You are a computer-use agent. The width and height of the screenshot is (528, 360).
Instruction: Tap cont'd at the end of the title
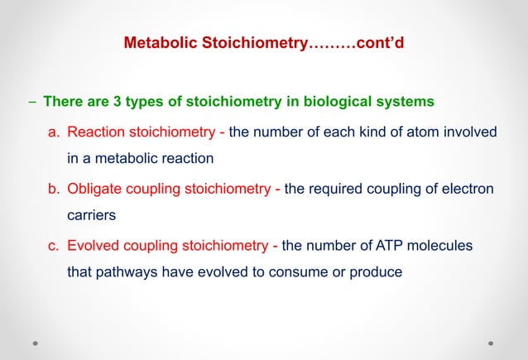click(380, 42)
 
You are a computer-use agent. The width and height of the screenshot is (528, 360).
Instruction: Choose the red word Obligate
click(95, 189)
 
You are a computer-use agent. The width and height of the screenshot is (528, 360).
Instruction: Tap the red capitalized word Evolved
click(94, 245)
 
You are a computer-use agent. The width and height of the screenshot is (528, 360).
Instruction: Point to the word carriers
click(90, 214)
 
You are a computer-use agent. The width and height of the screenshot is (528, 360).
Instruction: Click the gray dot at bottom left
click(36, 342)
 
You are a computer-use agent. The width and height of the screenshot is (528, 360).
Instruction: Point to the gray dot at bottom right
click(491, 342)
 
